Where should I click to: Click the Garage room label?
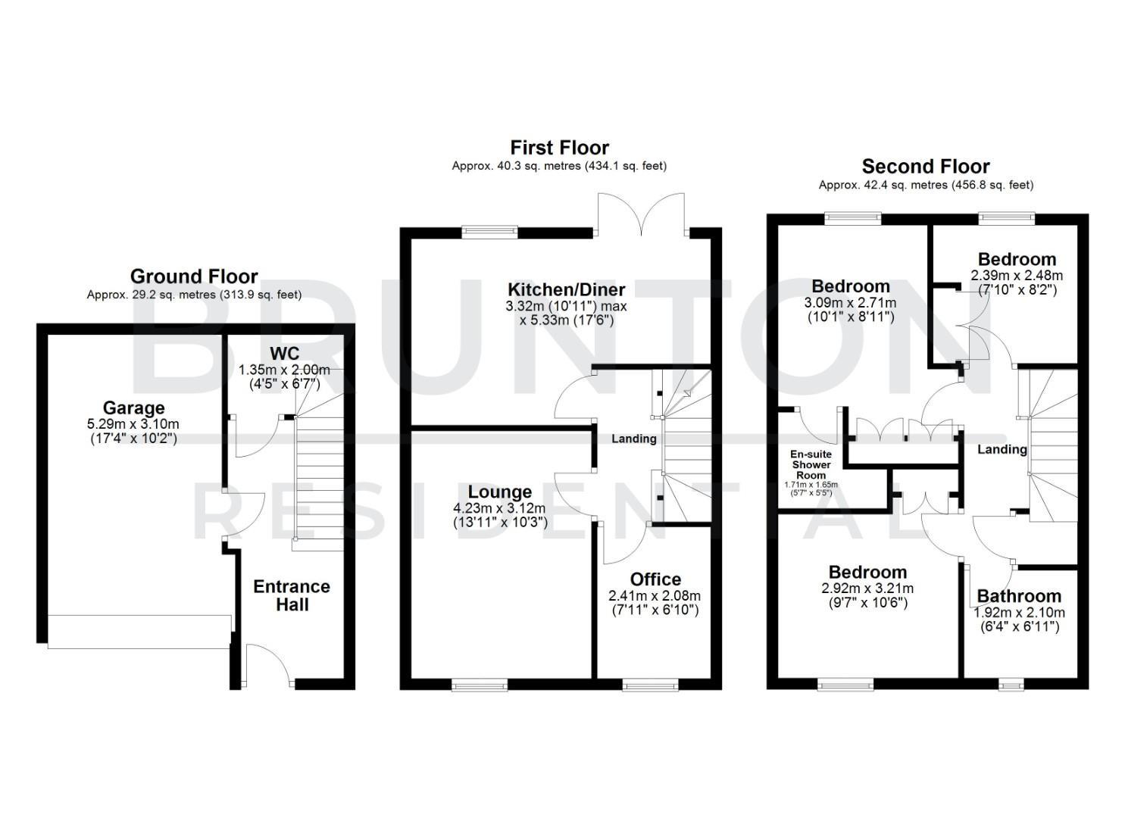(133, 408)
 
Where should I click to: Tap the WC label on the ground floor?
(284, 354)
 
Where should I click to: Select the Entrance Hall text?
(292, 595)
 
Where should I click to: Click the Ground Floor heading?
(194, 276)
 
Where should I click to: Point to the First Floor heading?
(559, 147)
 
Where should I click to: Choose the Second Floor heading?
(926, 167)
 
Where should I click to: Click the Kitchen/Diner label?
(566, 289)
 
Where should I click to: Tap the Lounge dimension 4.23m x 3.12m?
(499, 508)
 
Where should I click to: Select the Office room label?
(655, 579)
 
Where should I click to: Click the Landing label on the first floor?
(634, 439)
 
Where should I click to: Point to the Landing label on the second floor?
(1002, 449)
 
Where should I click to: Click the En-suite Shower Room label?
(811, 464)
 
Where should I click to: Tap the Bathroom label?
(1019, 596)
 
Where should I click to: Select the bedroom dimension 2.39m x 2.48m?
(1017, 276)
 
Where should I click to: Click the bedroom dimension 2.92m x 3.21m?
(867, 589)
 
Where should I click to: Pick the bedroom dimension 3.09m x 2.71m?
(851, 303)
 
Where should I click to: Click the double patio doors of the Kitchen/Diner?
(642, 214)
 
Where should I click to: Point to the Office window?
(649, 685)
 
